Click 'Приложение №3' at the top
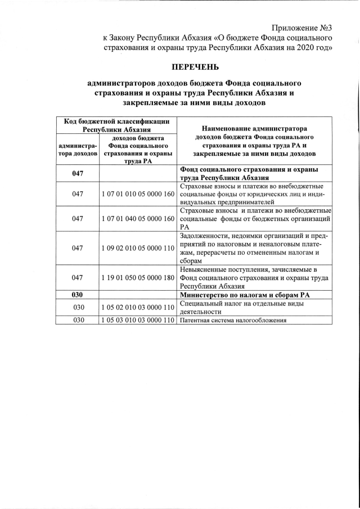[301, 28]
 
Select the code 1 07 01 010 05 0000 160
[138, 194]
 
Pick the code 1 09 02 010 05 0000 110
[138, 247]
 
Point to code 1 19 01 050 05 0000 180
[138, 277]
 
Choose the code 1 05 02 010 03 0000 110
[138, 308]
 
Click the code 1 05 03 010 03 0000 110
[138, 321]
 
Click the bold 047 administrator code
[78, 173]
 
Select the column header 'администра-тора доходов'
[78, 150]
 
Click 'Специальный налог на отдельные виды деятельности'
[242, 308]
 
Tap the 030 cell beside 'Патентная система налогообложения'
[78, 321]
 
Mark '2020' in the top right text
[305, 48]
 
